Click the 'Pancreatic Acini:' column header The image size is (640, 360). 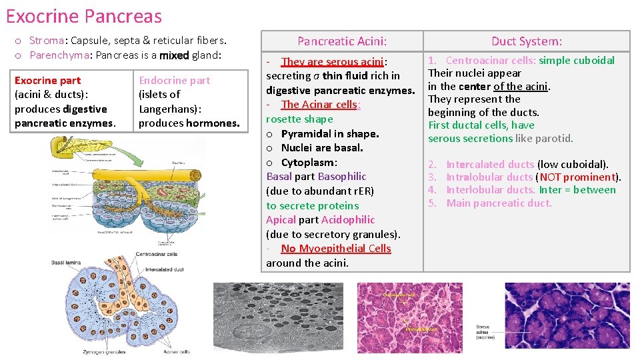point(342,41)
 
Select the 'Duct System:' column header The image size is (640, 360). point(527,41)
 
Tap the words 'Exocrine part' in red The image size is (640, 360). point(47,81)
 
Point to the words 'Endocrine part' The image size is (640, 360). point(174,81)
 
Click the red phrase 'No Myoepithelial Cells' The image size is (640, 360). point(336,249)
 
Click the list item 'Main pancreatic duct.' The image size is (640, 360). point(499,203)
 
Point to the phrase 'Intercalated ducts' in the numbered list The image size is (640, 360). point(490,164)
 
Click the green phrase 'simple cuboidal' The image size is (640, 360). point(577,61)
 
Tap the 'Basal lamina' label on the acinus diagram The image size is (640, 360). point(67,263)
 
